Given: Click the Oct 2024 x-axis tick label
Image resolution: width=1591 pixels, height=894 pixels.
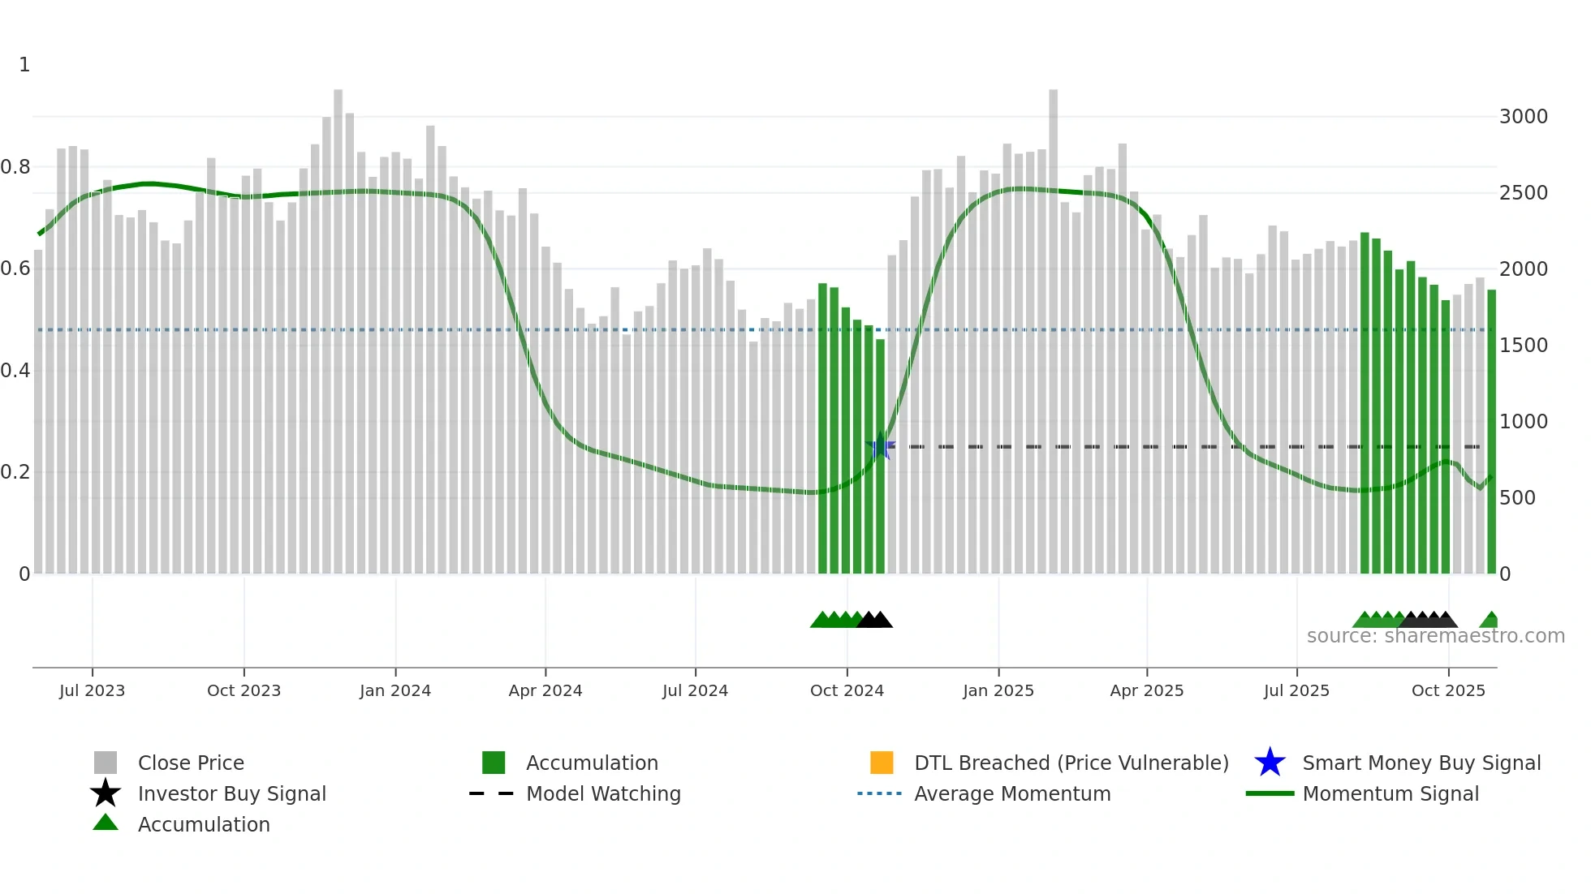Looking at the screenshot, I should coord(847,690).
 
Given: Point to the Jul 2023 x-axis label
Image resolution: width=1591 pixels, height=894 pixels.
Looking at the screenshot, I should coord(92,690).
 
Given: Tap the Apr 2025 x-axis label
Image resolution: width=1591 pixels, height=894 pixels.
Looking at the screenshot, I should coord(1146,690).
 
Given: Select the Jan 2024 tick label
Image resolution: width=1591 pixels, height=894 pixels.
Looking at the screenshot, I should coord(395,690).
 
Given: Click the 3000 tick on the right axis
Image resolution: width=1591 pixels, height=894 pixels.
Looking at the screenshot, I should coord(1523,117).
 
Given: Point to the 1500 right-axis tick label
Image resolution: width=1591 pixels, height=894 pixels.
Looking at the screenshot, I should coord(1523,346).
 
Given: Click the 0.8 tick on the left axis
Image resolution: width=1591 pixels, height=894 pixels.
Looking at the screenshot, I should coord(15,167).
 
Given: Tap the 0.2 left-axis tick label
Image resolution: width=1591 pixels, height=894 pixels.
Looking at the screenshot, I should coord(15,472).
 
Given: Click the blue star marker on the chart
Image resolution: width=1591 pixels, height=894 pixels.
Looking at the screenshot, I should coord(881,446).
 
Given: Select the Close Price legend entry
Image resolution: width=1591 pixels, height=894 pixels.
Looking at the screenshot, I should coord(191,763).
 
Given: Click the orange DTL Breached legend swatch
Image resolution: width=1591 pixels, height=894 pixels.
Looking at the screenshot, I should coord(882,763).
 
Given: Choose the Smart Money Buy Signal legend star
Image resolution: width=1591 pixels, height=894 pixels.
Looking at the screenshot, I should coord(1270,763).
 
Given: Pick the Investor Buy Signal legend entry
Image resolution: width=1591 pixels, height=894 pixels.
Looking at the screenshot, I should coord(231,793).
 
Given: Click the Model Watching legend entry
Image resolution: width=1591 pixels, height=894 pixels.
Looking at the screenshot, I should coord(603,793).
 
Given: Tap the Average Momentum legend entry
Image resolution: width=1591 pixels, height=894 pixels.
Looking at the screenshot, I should coord(1012,793).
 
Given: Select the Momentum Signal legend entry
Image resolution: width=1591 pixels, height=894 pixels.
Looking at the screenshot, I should coord(1391,793).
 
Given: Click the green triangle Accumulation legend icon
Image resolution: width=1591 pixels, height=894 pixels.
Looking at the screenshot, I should coord(106,823).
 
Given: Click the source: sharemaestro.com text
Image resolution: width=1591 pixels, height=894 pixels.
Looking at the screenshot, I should coord(1435,636).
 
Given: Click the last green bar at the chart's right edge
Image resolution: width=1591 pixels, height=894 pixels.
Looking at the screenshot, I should coord(1491,430).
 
